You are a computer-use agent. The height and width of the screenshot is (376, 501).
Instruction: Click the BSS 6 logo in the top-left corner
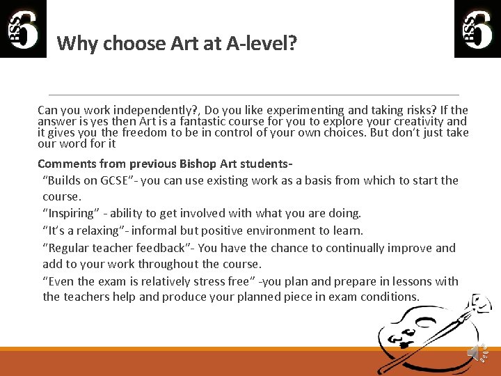[23, 29]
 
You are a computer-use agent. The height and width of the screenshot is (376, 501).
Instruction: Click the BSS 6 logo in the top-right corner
[477, 29]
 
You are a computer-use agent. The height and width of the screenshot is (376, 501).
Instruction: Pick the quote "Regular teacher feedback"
[116, 248]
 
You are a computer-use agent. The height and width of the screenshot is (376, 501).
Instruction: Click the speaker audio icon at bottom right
[477, 353]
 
